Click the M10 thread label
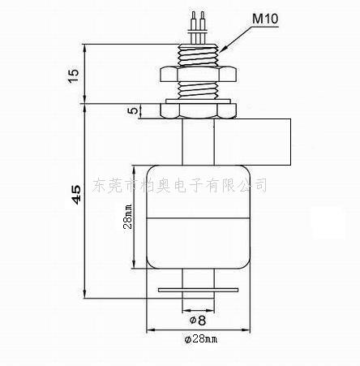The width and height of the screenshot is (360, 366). click(x=265, y=19)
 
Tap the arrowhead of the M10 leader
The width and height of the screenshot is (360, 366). click(x=222, y=50)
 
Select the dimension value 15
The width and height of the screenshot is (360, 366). click(x=73, y=76)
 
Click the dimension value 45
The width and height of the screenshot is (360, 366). click(x=76, y=194)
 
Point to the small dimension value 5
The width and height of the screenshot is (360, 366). click(x=133, y=110)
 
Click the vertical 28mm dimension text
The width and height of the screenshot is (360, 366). click(x=128, y=217)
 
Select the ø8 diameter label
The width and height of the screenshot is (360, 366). click(x=198, y=321)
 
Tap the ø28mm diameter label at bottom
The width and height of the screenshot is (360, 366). click(x=201, y=339)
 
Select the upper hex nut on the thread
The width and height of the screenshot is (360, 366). click(x=199, y=74)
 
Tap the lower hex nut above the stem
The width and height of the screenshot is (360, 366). click(x=199, y=111)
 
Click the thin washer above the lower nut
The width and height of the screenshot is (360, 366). click(x=199, y=101)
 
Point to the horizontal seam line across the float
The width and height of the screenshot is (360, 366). click(x=199, y=217)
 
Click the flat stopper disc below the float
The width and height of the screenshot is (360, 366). click(x=199, y=290)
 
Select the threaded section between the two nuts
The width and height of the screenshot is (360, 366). click(x=199, y=90)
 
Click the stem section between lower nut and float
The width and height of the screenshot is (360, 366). click(x=199, y=142)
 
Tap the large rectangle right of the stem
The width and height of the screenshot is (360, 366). click(x=253, y=142)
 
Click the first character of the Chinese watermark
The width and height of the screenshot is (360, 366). click(x=100, y=185)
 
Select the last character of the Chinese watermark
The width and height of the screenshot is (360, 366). click(x=259, y=185)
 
